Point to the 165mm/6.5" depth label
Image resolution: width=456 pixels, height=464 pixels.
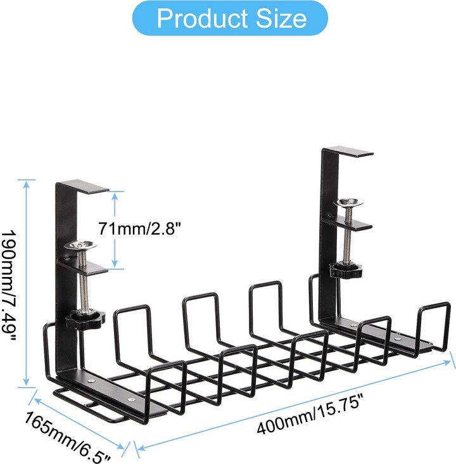point(68,435)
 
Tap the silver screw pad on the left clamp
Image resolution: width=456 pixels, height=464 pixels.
point(83,245)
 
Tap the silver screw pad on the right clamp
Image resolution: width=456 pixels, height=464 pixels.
point(349,203)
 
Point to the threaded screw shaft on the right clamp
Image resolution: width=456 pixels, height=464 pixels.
point(348,238)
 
